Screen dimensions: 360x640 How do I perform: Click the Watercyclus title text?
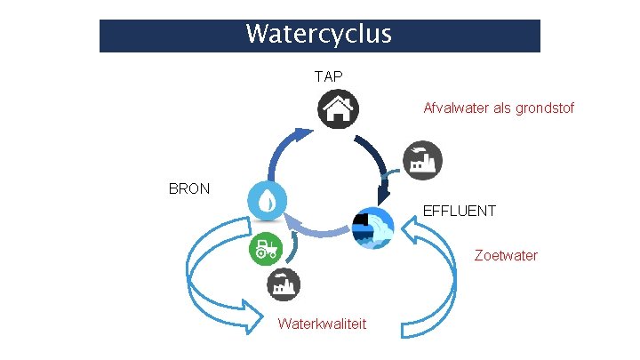(318, 35)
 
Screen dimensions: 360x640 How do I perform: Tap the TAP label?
(328, 76)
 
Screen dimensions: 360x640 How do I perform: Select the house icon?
(336, 110)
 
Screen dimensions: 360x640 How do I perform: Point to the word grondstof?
(547, 108)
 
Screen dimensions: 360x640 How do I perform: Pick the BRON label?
(189, 188)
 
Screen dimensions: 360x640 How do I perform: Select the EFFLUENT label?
(460, 212)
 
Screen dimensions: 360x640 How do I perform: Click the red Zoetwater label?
(506, 255)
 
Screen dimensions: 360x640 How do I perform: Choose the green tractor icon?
(264, 248)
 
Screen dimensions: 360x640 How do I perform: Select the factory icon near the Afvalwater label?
(422, 161)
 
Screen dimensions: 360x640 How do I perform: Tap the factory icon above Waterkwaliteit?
(284, 284)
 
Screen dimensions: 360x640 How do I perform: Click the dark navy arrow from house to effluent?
(376, 164)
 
